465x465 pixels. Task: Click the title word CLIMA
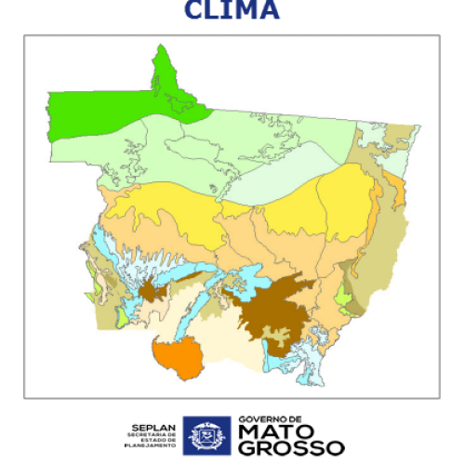click(232, 10)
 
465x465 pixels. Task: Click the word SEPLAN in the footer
click(149, 421)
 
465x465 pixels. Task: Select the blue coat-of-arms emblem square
click(206, 434)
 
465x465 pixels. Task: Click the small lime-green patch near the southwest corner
click(120, 317)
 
